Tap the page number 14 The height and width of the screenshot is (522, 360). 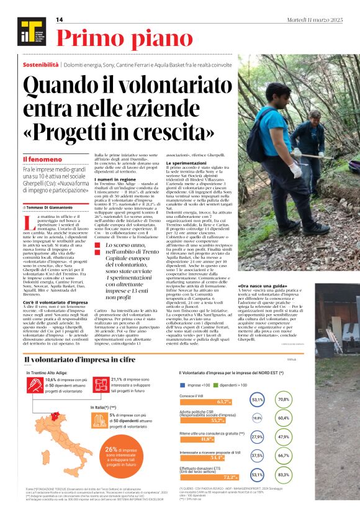pyautogui.click(x=60, y=20)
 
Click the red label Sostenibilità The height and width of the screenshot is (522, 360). pyautogui.click(x=41, y=64)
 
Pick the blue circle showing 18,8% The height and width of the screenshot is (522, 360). pyautogui.click(x=256, y=419)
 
